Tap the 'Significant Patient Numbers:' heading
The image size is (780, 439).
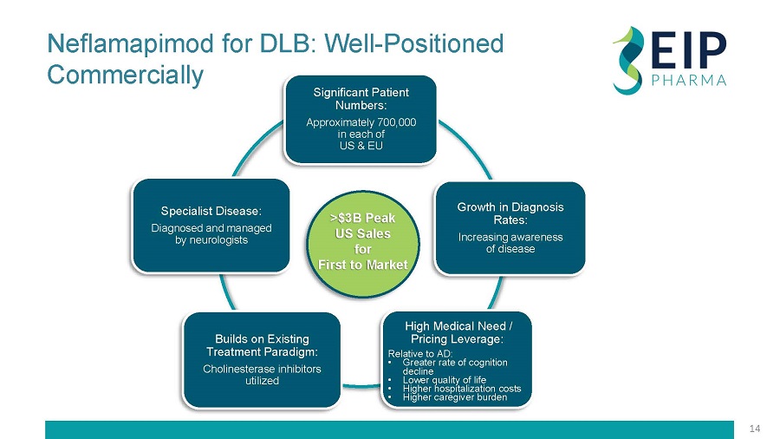(x=361, y=98)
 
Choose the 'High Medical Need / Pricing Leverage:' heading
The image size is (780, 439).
(x=459, y=331)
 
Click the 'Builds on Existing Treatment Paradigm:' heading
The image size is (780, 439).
(x=262, y=344)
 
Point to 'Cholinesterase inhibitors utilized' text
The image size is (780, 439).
(x=262, y=375)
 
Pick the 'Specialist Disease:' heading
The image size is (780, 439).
(x=211, y=211)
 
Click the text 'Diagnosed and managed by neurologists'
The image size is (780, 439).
(x=211, y=233)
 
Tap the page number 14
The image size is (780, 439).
(x=754, y=429)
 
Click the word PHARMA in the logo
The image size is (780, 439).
(x=688, y=82)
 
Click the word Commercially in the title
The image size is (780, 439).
(x=125, y=75)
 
